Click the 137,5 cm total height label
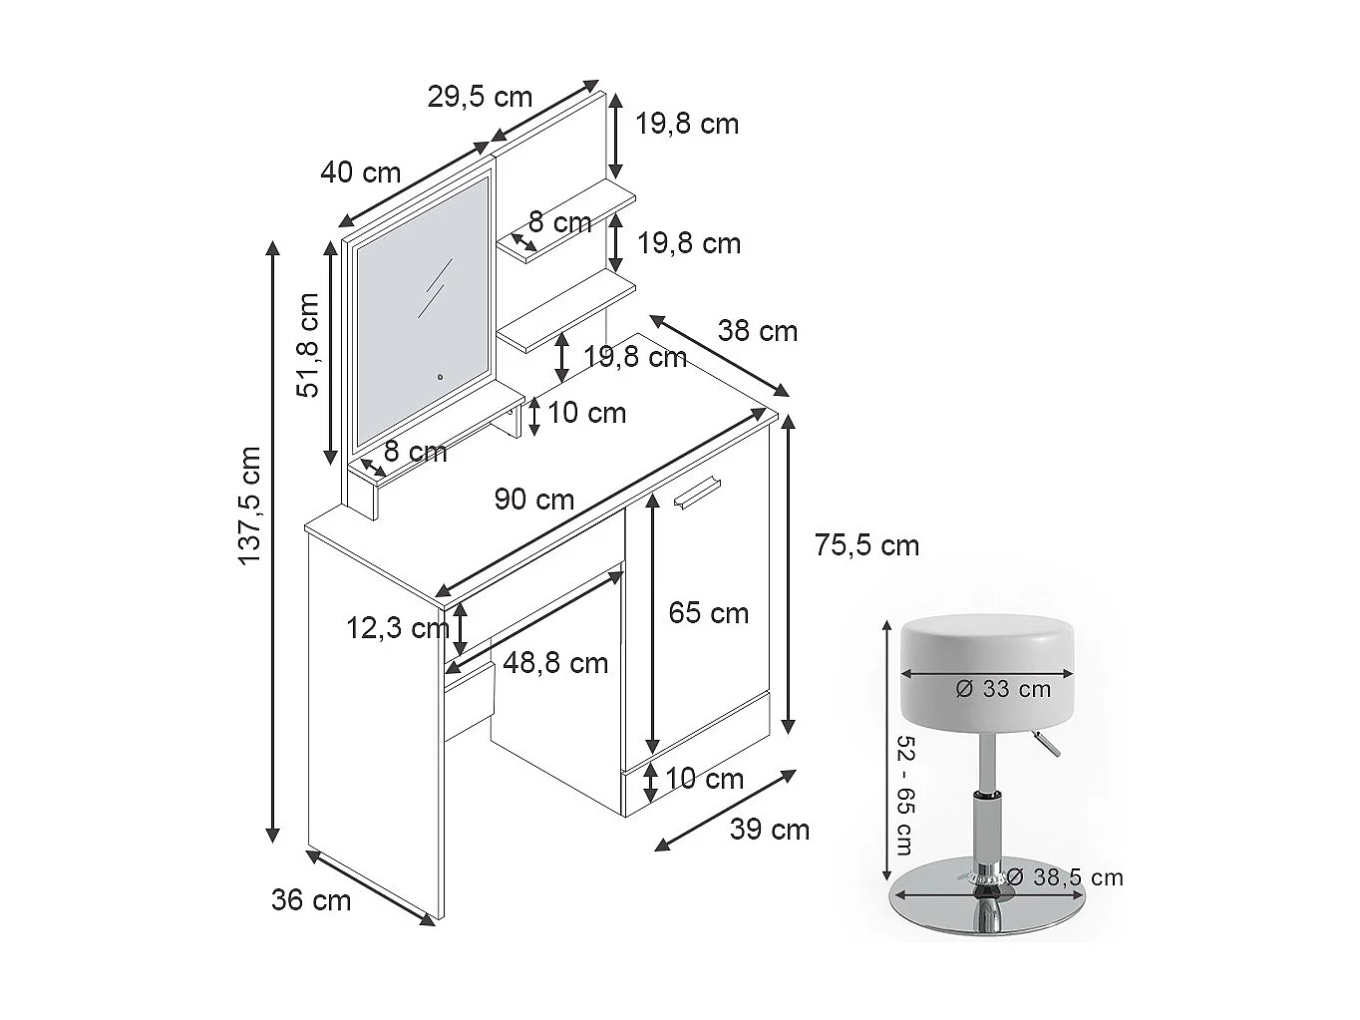[x=249, y=507]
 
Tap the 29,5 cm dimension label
[x=480, y=97]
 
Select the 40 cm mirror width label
[x=360, y=172]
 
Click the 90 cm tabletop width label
[x=534, y=499]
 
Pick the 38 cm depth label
[x=758, y=331]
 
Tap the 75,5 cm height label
[x=866, y=545]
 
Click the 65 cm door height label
[x=708, y=612]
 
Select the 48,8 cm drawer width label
[x=555, y=662]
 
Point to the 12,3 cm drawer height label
[x=397, y=628]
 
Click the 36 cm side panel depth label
[x=311, y=900]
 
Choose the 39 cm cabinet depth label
[x=770, y=829]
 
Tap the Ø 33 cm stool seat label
[x=1003, y=688]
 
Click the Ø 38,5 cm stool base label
[x=1065, y=877]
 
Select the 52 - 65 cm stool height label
[x=904, y=795]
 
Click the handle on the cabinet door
[x=695, y=493]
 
